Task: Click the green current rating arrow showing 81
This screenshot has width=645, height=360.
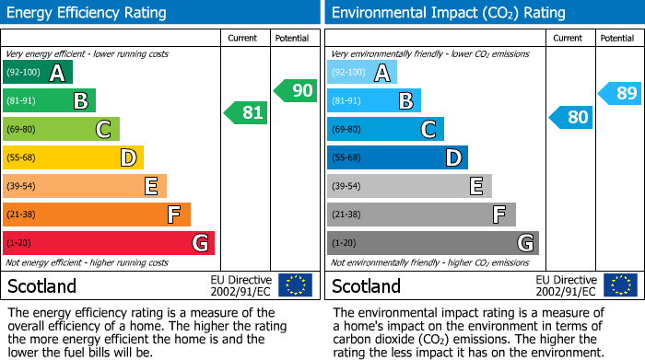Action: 246,112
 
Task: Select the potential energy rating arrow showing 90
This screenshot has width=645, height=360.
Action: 295,90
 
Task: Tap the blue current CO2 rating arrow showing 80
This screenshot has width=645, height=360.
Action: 570,117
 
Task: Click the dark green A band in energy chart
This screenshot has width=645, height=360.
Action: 38,73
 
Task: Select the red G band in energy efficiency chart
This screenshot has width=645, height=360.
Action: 109,243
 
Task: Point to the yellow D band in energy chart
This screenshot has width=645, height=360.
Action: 73,157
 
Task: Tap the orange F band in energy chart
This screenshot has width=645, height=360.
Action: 97,215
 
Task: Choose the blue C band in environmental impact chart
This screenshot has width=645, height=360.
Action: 385,129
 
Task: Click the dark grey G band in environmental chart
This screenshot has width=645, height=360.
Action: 432,243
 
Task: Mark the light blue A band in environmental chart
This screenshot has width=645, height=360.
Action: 362,73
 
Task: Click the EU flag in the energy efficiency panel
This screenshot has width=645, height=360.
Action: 295,285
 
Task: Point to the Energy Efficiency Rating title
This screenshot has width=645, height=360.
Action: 88,13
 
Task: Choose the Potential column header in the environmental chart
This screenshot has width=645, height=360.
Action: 616,38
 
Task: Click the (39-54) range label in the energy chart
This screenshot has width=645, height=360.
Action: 22,186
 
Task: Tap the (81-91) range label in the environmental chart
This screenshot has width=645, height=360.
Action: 346,100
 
